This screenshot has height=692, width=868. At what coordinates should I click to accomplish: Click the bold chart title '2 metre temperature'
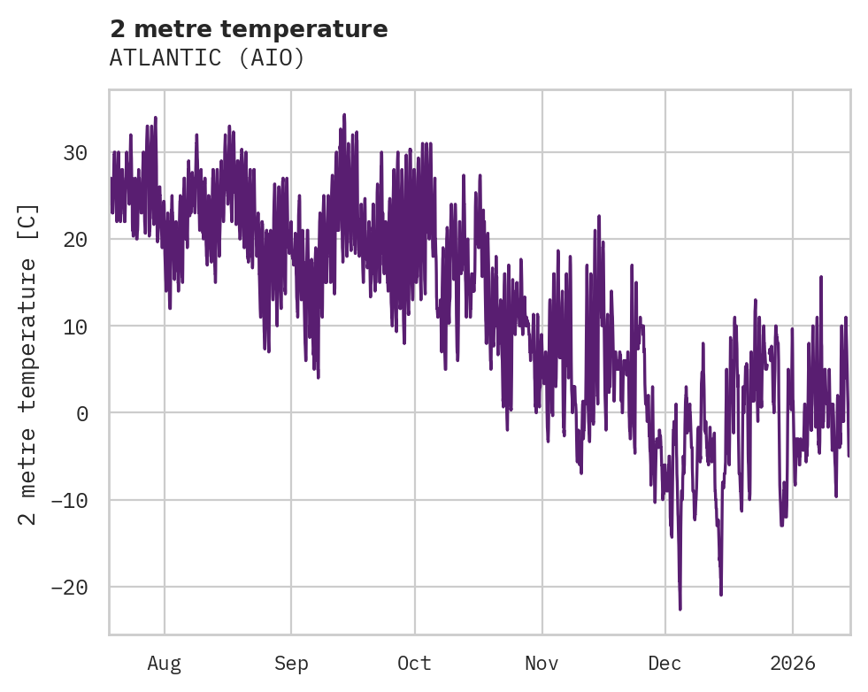pyautogui.click(x=249, y=29)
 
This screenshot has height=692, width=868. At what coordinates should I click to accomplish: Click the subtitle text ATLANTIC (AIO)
pyautogui.click(x=207, y=58)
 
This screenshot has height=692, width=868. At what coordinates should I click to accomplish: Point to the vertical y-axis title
pyautogui.click(x=28, y=364)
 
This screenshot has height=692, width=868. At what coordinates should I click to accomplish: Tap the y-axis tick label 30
pyautogui.click(x=75, y=153)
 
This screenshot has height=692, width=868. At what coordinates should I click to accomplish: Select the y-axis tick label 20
pyautogui.click(x=75, y=240)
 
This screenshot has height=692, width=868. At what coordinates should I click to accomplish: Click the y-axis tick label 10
pyautogui.click(x=75, y=327)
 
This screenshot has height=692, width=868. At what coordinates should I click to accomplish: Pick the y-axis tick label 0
pyautogui.click(x=81, y=413)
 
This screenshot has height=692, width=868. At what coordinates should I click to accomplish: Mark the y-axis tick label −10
pyautogui.click(x=69, y=501)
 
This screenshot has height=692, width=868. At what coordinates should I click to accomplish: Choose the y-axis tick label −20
pyautogui.click(x=69, y=588)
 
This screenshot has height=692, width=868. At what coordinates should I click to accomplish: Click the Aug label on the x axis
pyautogui.click(x=164, y=664)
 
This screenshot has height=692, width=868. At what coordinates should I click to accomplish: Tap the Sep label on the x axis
pyautogui.click(x=290, y=664)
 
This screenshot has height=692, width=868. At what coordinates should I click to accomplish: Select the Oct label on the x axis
pyautogui.click(x=414, y=664)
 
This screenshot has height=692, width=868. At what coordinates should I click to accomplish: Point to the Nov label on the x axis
pyautogui.click(x=542, y=664)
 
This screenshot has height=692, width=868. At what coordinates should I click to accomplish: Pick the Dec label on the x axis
pyautogui.click(x=664, y=664)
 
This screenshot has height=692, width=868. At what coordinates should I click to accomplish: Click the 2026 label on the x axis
pyautogui.click(x=792, y=664)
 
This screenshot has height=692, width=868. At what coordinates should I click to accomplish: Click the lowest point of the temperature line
pyautogui.click(x=680, y=609)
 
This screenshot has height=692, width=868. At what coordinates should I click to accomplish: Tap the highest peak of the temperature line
pyautogui.click(x=344, y=115)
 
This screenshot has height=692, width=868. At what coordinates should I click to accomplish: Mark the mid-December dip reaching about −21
pyautogui.click(x=721, y=594)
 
